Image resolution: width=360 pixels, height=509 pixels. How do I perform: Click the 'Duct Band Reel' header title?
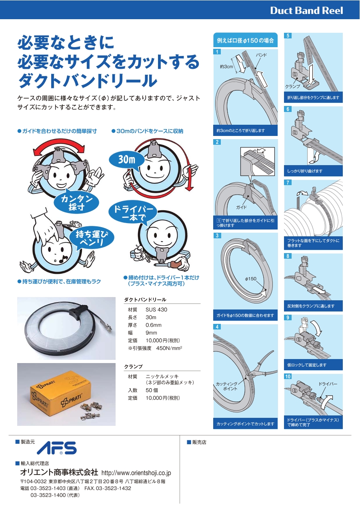(x=306, y=10)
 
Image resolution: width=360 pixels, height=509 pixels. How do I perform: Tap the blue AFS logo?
(x=56, y=448)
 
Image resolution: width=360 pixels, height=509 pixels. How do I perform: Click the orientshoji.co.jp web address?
(x=136, y=473)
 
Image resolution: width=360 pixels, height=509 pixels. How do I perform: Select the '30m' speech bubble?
(x=127, y=160)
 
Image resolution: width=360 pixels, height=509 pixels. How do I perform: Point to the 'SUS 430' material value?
(x=156, y=309)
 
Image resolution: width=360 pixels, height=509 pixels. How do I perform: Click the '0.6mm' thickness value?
(x=154, y=325)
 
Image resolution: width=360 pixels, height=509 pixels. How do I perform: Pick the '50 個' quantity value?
(x=152, y=390)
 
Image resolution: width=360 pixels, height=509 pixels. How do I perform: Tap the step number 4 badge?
(x=217, y=327)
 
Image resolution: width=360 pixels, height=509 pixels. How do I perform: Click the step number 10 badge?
(x=288, y=377)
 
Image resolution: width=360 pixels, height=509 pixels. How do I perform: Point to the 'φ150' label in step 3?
(x=250, y=279)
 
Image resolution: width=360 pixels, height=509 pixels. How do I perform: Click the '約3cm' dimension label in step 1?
(x=226, y=67)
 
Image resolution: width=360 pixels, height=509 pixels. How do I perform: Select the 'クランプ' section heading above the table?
(x=134, y=367)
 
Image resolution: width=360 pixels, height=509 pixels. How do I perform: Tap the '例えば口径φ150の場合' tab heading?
(x=245, y=41)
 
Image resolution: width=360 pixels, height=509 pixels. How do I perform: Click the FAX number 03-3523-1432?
(x=108, y=488)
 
